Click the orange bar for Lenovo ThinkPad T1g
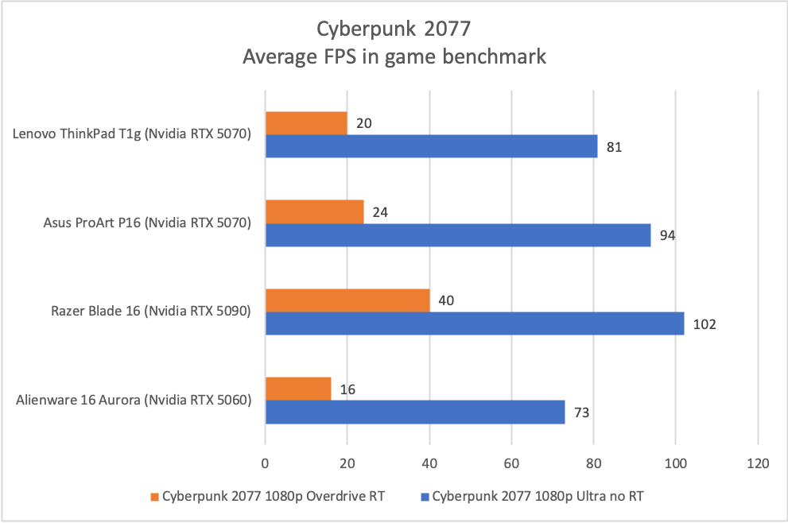tap(306, 123)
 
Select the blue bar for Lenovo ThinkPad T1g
tap(431, 146)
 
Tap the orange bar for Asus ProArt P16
tap(314, 212)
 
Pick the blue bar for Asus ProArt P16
tap(458, 235)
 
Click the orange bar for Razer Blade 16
tap(347, 300)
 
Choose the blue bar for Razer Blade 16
tap(475, 323)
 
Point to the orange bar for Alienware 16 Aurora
tap(298, 389)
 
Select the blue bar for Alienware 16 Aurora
tap(415, 412)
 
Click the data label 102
tap(705, 324)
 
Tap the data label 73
tap(583, 413)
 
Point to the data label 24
tap(382, 212)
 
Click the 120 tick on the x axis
tap(758, 463)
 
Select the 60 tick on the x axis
tap(511, 463)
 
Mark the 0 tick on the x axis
tap(265, 463)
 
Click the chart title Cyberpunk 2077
tap(394, 30)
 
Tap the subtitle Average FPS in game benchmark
tap(394, 56)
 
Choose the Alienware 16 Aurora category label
tap(134, 400)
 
